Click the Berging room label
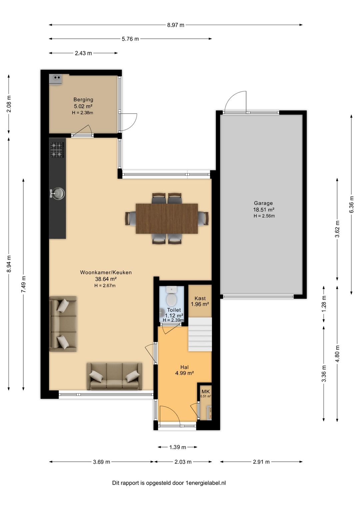(x=83, y=99)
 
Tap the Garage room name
(x=263, y=203)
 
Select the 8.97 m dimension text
(x=176, y=25)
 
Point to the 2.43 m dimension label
(x=83, y=53)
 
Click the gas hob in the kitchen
(x=57, y=149)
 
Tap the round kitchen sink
(x=58, y=194)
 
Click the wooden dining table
(x=167, y=218)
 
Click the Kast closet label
(x=200, y=298)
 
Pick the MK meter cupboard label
(x=206, y=392)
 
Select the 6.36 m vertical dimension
(x=351, y=204)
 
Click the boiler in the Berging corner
(x=56, y=80)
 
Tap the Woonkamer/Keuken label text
(x=106, y=273)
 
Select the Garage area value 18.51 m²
(x=263, y=209)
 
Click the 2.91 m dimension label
(x=261, y=462)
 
